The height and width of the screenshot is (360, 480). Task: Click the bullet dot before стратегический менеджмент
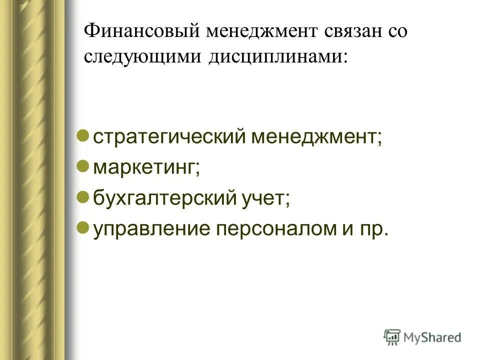click(84, 135)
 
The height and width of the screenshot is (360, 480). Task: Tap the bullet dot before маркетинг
click(84, 166)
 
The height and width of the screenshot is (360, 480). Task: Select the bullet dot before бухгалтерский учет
click(84, 197)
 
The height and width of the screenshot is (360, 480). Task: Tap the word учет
click(265, 199)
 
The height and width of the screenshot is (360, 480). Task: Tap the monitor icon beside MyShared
click(392, 336)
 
